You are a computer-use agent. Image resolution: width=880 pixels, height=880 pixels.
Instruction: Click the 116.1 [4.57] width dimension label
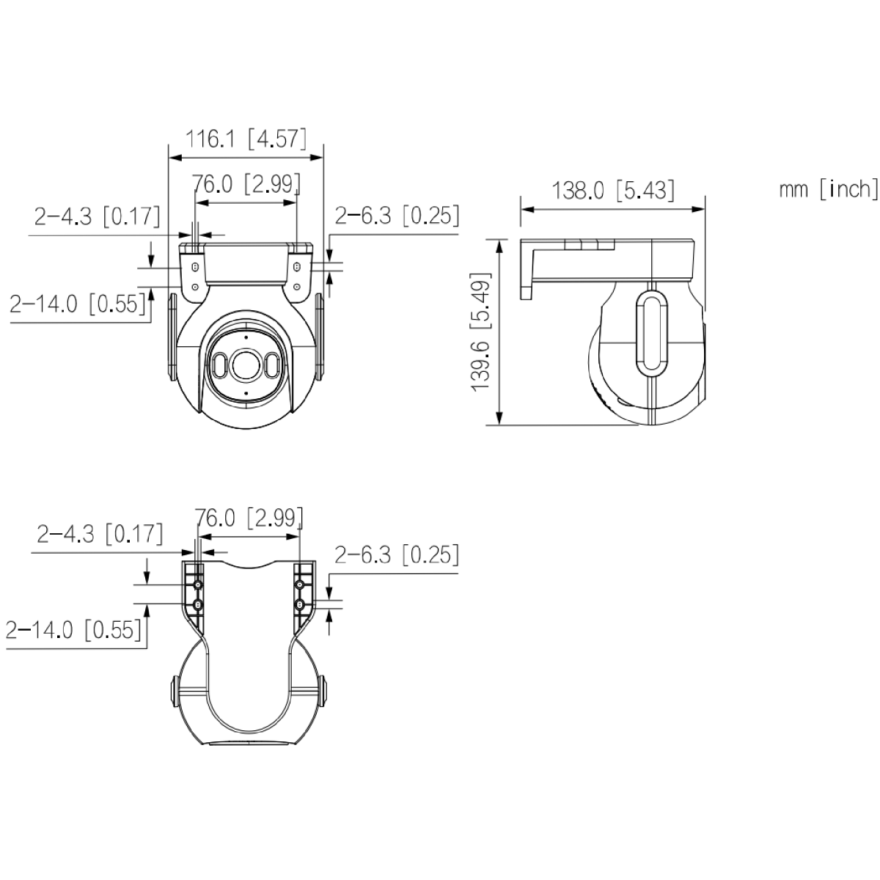(246, 139)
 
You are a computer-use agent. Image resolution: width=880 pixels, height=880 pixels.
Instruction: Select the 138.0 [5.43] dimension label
(613, 190)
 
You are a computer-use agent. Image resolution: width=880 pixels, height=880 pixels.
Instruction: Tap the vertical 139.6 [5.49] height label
(481, 331)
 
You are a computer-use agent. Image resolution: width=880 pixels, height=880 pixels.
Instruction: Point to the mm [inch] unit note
(829, 189)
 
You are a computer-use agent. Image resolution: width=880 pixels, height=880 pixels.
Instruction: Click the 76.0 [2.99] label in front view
(246, 184)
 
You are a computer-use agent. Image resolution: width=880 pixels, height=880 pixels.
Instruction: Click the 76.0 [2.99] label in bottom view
(249, 518)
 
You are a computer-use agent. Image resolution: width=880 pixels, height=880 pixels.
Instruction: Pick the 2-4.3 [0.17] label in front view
(98, 216)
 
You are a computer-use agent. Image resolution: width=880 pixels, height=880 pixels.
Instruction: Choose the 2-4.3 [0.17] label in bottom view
(100, 533)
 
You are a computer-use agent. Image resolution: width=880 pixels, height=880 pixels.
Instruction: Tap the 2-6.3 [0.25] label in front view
(397, 215)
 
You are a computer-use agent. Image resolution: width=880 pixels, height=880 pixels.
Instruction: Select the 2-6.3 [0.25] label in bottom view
(397, 554)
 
